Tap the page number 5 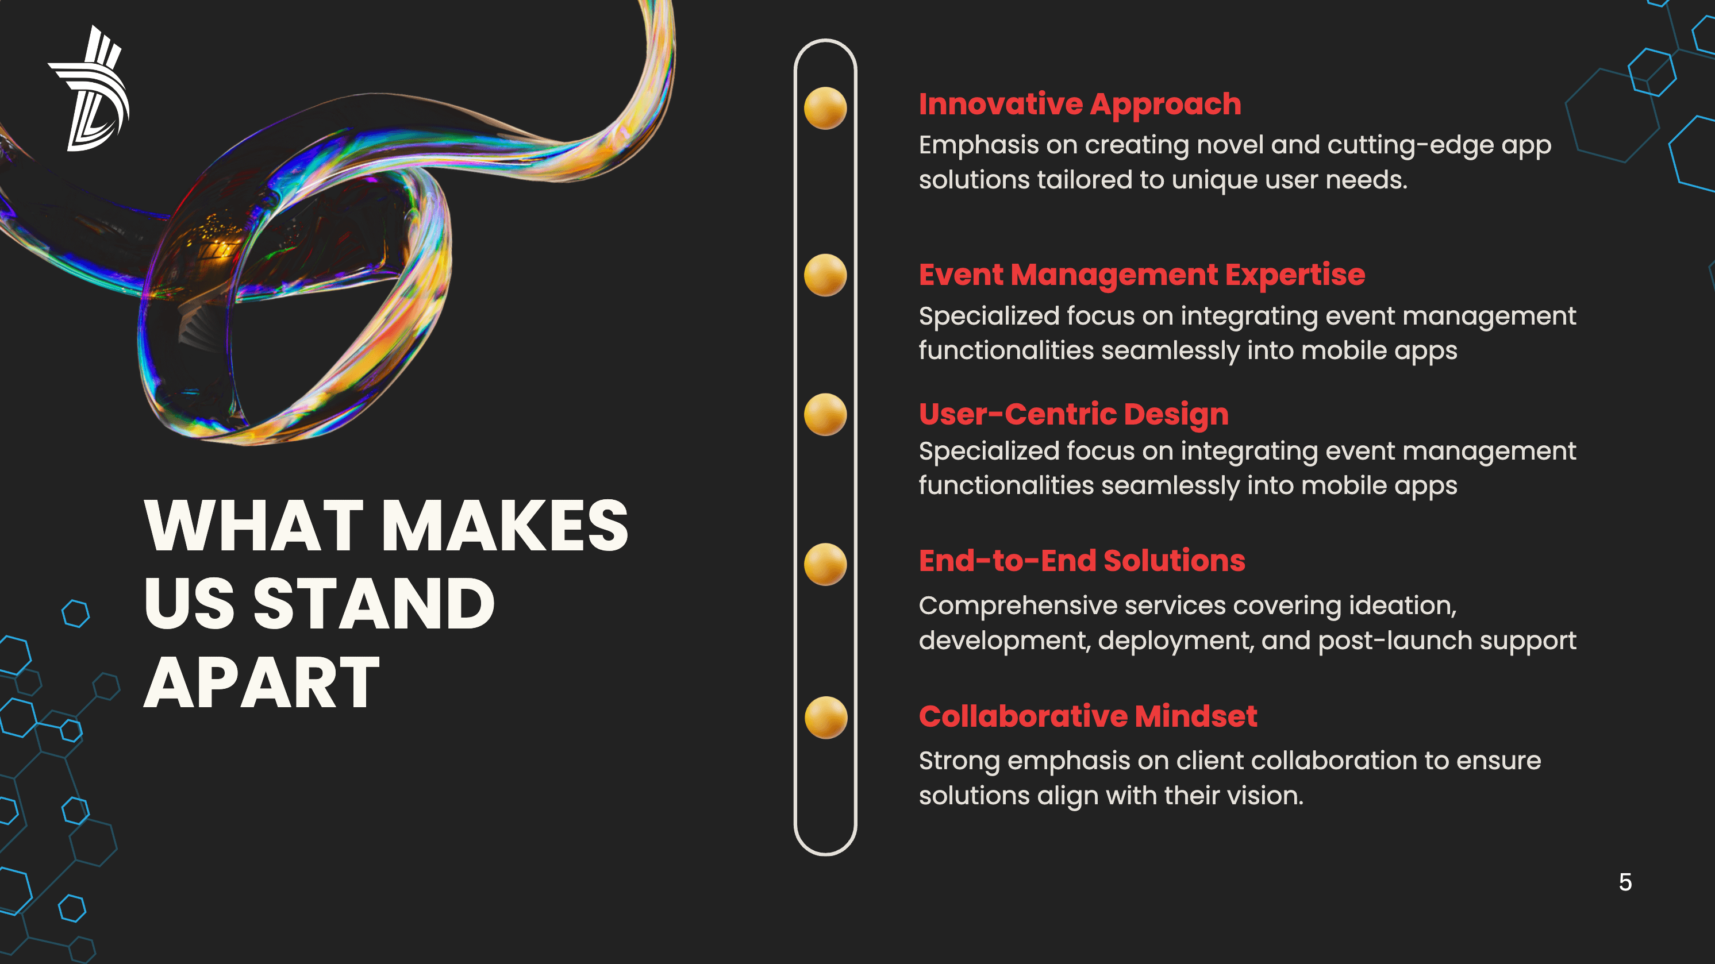[1625, 882]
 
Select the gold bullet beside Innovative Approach [825, 108]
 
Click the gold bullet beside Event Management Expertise [825, 275]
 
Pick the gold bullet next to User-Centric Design [825, 414]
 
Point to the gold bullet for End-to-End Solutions [825, 564]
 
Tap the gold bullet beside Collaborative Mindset [825, 717]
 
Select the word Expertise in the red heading [1295, 275]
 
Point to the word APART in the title [262, 682]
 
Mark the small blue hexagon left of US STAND [76, 614]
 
